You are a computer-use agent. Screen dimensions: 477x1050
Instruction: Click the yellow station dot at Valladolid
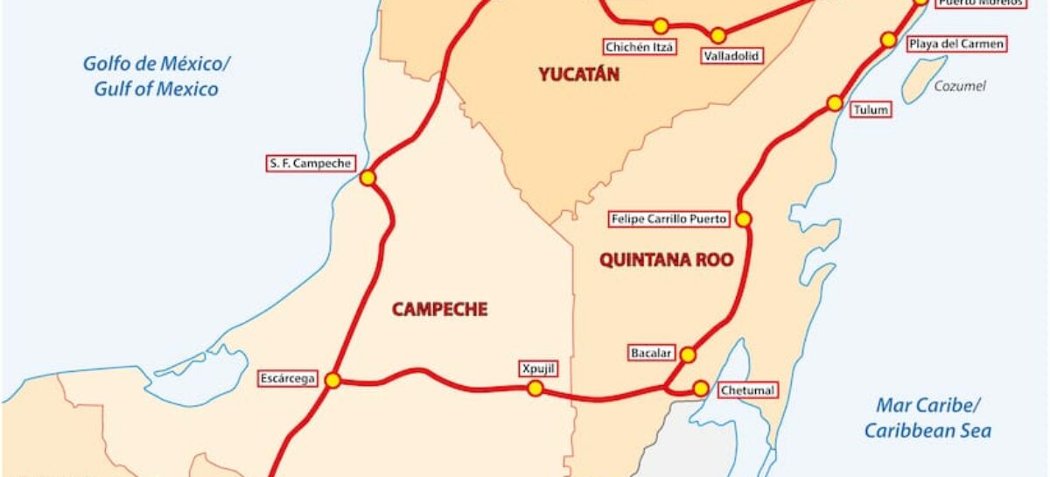pyautogui.click(x=717, y=36)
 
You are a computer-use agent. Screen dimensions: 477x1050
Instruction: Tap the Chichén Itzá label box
pyautogui.click(x=640, y=46)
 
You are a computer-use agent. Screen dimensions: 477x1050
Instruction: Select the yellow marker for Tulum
pyautogui.click(x=835, y=103)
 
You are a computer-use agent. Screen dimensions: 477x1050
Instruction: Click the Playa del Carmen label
pyautogui.click(x=955, y=43)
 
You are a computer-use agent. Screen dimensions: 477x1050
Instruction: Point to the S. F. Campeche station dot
pyautogui.click(x=367, y=178)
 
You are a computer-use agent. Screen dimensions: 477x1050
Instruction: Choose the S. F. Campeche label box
pyautogui.click(x=311, y=163)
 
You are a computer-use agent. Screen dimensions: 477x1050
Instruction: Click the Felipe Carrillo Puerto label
pyautogui.click(x=669, y=219)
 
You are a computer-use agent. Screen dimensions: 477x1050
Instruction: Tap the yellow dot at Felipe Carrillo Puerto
pyautogui.click(x=744, y=219)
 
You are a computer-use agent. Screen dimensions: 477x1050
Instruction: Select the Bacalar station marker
pyautogui.click(x=688, y=354)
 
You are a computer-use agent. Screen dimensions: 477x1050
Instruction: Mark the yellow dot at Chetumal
pyautogui.click(x=700, y=388)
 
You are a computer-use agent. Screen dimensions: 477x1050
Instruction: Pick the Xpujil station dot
pyautogui.click(x=535, y=388)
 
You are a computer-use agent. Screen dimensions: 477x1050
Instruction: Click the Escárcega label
pyautogui.click(x=286, y=379)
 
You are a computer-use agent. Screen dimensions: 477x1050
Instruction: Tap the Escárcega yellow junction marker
pyautogui.click(x=332, y=380)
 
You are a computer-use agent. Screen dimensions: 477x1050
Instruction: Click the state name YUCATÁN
pyautogui.click(x=578, y=74)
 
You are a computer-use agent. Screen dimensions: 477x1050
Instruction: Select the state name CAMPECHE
pyautogui.click(x=439, y=309)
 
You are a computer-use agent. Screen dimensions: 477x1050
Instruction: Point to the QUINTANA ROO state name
pyautogui.click(x=666, y=260)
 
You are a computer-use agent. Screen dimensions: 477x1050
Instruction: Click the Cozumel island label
pyautogui.click(x=959, y=86)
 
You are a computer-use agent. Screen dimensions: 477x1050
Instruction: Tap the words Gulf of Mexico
pyautogui.click(x=157, y=89)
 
